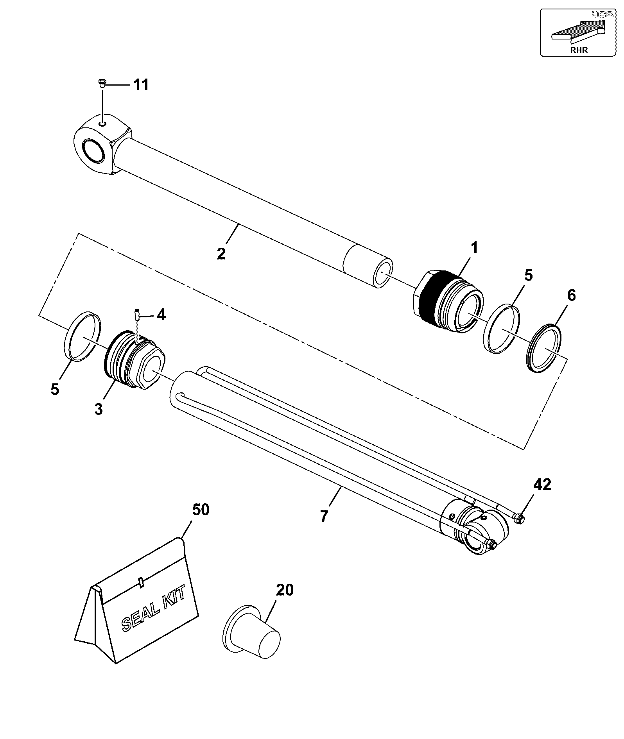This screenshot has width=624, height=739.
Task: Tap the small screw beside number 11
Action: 102,83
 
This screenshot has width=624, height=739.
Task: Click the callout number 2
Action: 221,254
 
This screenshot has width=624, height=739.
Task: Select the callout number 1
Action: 474,248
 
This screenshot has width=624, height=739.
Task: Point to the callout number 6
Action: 571,295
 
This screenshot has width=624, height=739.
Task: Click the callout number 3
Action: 99,410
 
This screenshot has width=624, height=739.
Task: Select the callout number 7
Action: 324,516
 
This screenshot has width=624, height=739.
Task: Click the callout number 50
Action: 201,510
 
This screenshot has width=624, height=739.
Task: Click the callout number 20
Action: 284,590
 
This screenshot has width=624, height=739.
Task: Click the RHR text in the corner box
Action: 579,50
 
